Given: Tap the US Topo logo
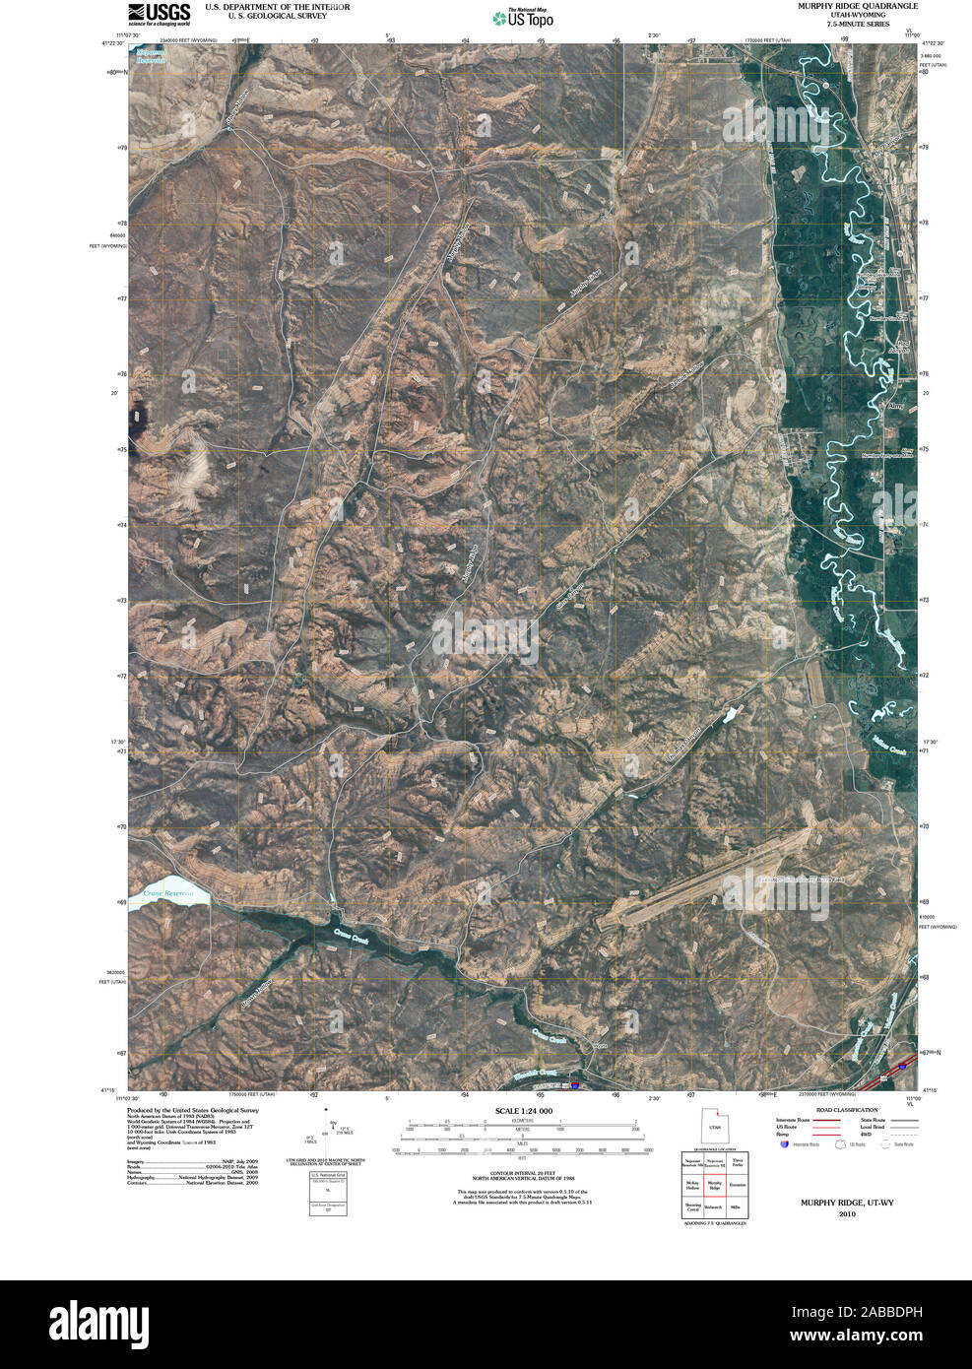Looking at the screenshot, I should [523, 17].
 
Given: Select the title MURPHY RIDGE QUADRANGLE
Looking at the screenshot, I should [845, 6].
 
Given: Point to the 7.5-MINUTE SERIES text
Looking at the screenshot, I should [844, 24].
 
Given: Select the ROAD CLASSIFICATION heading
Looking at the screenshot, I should [840, 1110].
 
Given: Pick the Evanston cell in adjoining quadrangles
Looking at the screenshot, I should [739, 1185].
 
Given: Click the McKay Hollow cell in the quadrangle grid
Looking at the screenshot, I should [692, 1185].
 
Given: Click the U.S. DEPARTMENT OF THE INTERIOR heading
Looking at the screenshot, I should [277, 6].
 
